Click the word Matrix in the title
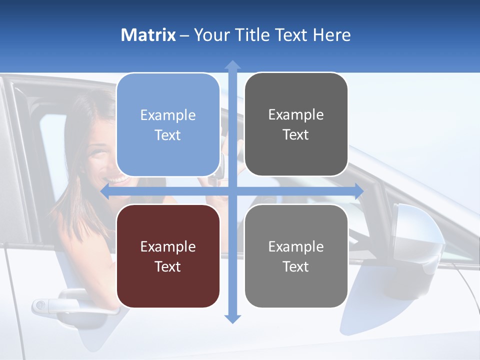click(x=148, y=35)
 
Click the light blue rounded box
click(x=168, y=125)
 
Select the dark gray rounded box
click(x=296, y=124)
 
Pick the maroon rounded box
click(x=168, y=256)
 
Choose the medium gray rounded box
click(x=296, y=256)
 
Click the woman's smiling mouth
click(x=117, y=179)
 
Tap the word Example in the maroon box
click(x=168, y=246)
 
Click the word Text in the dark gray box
click(x=296, y=135)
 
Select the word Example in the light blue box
click(x=168, y=115)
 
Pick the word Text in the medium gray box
click(x=296, y=266)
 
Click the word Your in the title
click(x=210, y=35)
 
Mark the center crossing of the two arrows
click(x=232, y=191)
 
